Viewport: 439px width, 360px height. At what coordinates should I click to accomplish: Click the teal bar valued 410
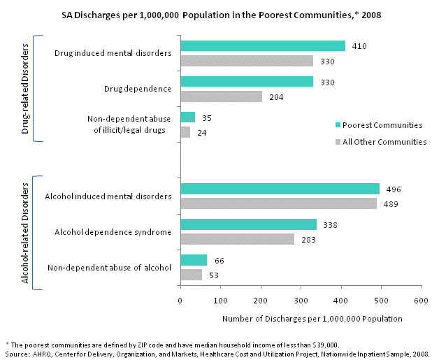pos(263,46)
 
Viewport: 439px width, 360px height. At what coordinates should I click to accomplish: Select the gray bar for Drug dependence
pos(221,96)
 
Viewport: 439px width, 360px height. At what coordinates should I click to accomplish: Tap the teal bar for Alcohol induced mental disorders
pos(280,189)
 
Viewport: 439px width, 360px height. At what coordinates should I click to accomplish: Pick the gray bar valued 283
pos(237,239)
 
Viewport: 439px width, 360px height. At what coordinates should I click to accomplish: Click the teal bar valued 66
pos(194,260)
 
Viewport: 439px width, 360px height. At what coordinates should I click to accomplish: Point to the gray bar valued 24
pos(185,131)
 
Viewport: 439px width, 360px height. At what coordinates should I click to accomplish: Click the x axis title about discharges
pos(312,319)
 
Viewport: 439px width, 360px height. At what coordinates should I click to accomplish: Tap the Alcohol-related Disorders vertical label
pos(26,233)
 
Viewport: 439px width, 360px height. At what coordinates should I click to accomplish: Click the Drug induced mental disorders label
pos(113,53)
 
